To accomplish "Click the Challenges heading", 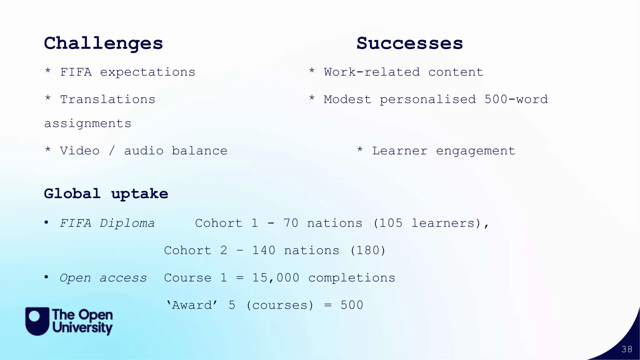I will pyautogui.click(x=103, y=43).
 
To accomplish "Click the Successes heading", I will pyautogui.click(x=410, y=43).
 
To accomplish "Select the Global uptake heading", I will pyautogui.click(x=106, y=194).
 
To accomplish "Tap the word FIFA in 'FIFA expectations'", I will pyautogui.click(x=76, y=72).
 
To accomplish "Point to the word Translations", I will pyautogui.click(x=107, y=100).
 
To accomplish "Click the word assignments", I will pyautogui.click(x=87, y=124).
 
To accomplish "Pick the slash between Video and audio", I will pyautogui.click(x=112, y=151).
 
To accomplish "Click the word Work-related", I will pyautogui.click(x=372, y=72).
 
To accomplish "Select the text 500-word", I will pyautogui.click(x=516, y=100).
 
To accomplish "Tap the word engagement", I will pyautogui.click(x=475, y=151).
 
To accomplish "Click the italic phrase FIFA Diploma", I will pyautogui.click(x=107, y=223).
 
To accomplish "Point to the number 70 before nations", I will pyautogui.click(x=291, y=223).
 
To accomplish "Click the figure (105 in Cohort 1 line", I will pyautogui.click(x=388, y=223).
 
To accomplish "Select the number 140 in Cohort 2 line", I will pyautogui.click(x=264, y=251).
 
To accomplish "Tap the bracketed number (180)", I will pyautogui.click(x=368, y=251).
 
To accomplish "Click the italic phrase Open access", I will pyautogui.click(x=103, y=278).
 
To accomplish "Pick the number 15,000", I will pyautogui.click(x=276, y=278).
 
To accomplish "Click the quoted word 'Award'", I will pyautogui.click(x=192, y=305).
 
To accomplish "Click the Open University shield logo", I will pyautogui.click(x=37, y=321).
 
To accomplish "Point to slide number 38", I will pyautogui.click(x=627, y=349).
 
